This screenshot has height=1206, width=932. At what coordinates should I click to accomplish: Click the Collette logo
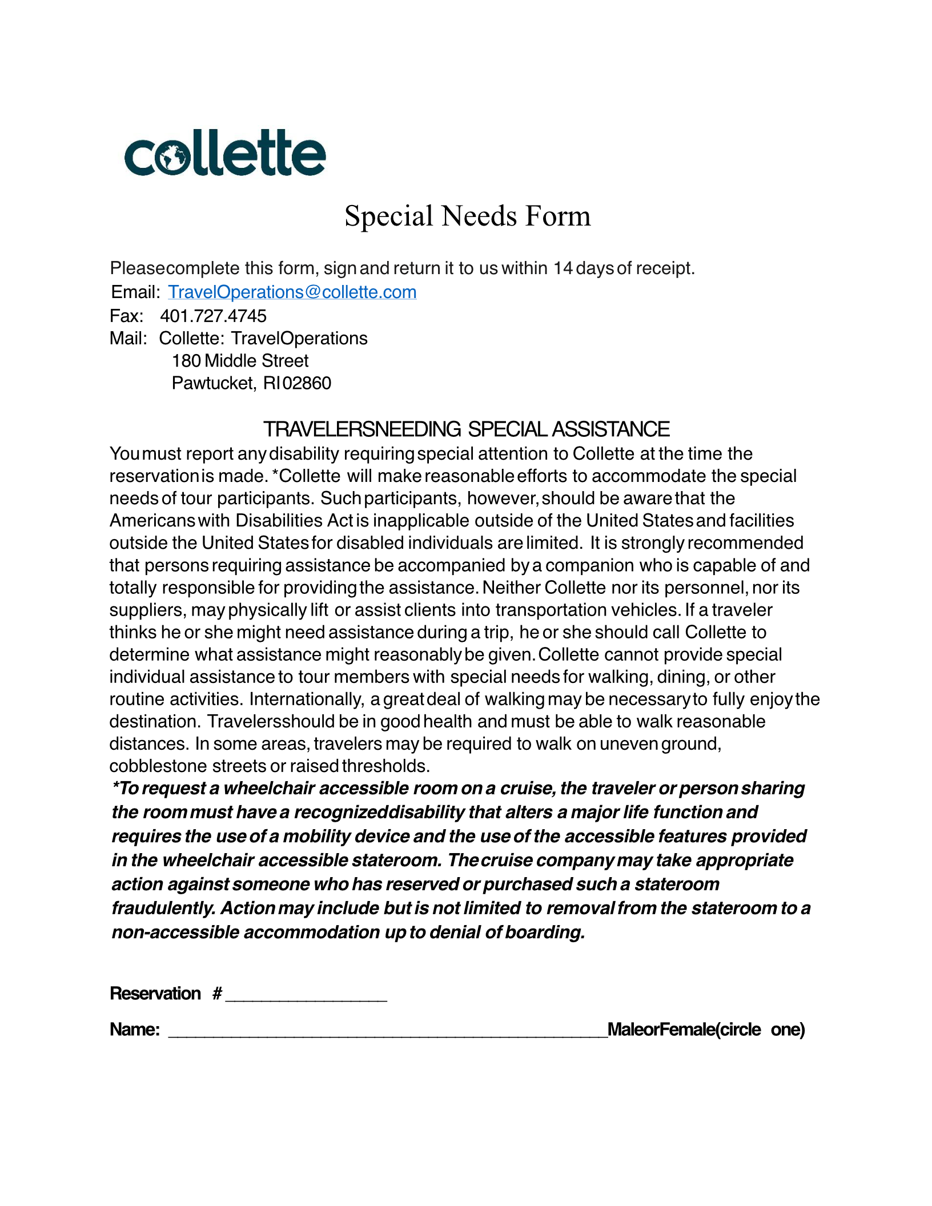point(225,153)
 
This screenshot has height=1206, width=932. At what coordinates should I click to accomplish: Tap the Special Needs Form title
point(467,216)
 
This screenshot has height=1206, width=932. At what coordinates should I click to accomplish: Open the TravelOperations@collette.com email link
point(292,292)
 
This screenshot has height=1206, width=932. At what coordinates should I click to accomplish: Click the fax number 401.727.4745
point(213,316)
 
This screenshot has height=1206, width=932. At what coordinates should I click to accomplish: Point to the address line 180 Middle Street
point(240,361)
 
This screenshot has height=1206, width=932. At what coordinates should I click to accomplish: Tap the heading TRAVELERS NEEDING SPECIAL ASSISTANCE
point(466,429)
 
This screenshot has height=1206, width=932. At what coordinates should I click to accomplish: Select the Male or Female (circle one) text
point(706,1030)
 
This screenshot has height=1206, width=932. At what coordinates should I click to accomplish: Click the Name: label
point(135,1030)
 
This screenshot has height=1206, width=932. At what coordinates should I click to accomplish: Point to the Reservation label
point(155,994)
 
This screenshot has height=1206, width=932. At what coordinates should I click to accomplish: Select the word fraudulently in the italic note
point(163,908)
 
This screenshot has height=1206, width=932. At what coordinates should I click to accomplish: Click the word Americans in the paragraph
point(152,521)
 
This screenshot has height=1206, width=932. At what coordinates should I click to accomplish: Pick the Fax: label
point(126,316)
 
